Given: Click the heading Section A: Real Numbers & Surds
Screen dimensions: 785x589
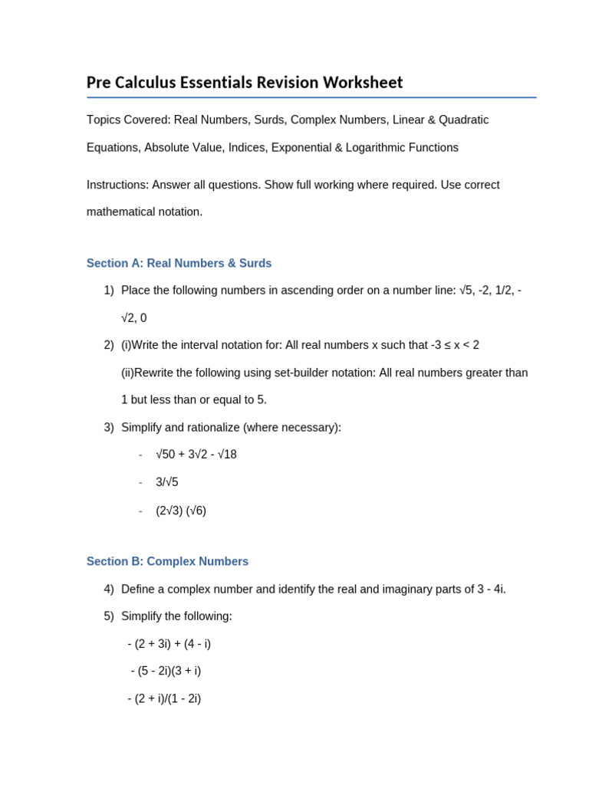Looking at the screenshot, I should [179, 264].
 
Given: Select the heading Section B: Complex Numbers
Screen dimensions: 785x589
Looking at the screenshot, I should [167, 562].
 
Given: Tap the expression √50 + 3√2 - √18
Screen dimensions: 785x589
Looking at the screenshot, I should [196, 455].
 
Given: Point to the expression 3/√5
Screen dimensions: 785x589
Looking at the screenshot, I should [167, 482].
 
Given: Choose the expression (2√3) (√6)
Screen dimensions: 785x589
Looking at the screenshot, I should [181, 511].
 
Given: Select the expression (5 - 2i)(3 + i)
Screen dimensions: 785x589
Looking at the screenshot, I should [169, 671].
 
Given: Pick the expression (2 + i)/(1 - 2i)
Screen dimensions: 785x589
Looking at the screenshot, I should [167, 698].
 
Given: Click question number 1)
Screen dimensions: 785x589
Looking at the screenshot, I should [108, 291].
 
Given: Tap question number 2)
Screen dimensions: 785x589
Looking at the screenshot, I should [108, 345].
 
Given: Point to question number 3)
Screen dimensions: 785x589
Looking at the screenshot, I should [108, 427].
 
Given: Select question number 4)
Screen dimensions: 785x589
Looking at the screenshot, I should [108, 589].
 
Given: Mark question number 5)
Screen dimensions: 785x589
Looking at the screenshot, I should [108, 616].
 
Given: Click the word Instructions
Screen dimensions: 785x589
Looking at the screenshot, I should [117, 185].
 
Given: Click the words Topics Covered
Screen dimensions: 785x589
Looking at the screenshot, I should [128, 120].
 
